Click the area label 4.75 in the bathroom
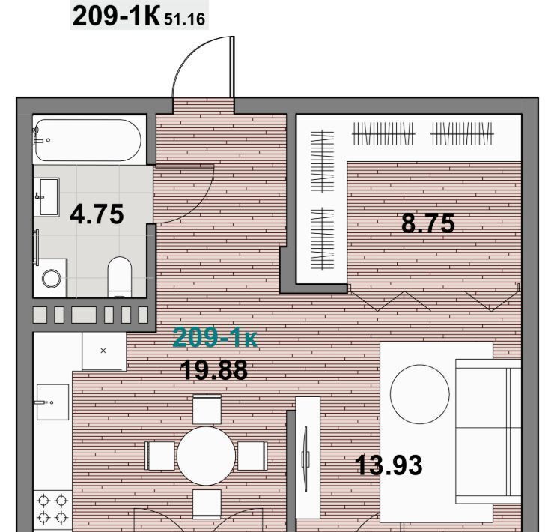(97, 214)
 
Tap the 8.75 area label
(427, 223)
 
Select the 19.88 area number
(213, 370)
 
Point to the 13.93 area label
(389, 465)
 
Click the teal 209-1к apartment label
(215, 337)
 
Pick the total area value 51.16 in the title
(185, 19)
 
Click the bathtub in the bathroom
(88, 140)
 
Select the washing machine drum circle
(52, 278)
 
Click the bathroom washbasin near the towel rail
(49, 196)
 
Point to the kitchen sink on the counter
(52, 402)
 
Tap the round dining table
(206, 456)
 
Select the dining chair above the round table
(207, 409)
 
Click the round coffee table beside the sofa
(420, 394)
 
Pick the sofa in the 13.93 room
(488, 432)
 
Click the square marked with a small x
(103, 351)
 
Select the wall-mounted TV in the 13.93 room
(305, 459)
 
